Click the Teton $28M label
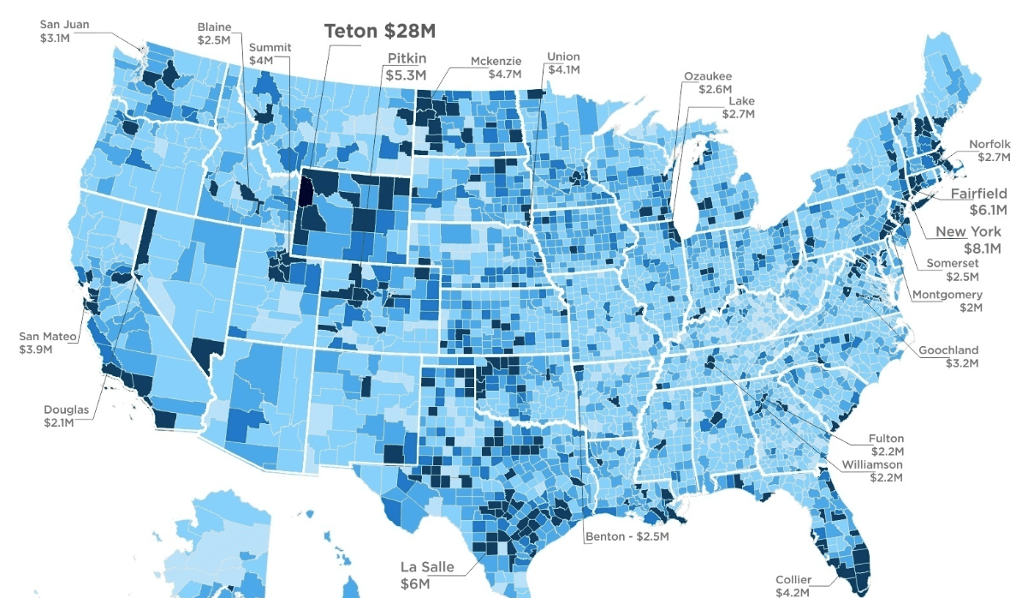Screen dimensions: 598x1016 point(379,31)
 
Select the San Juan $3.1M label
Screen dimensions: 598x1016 point(64,31)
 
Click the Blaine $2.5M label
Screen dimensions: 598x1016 point(213,33)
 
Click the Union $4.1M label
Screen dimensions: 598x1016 point(563,63)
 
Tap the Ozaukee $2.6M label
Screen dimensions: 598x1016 point(708,82)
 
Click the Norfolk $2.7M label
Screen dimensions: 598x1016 point(989,151)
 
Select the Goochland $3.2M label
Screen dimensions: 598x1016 point(948,356)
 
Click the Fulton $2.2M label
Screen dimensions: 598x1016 point(887,445)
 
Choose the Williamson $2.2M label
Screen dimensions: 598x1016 point(871,470)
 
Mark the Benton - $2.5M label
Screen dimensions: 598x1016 point(627,537)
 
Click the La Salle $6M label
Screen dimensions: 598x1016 point(427,574)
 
